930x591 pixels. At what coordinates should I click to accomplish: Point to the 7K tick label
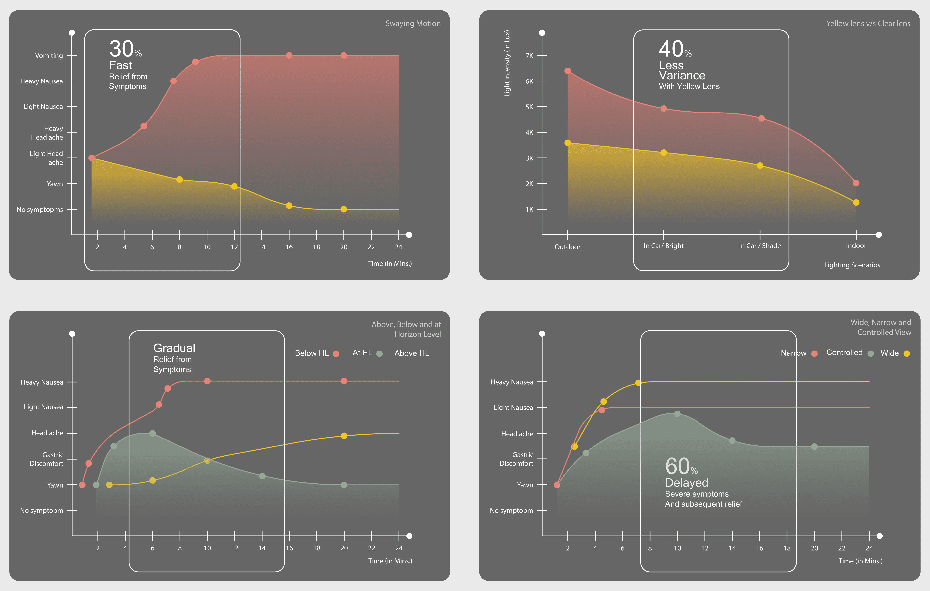[x=529, y=56]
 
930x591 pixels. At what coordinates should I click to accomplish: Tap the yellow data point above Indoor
[x=856, y=202]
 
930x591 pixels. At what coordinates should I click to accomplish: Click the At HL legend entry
[x=367, y=353]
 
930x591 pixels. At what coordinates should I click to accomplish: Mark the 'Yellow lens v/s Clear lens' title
[x=868, y=24]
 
